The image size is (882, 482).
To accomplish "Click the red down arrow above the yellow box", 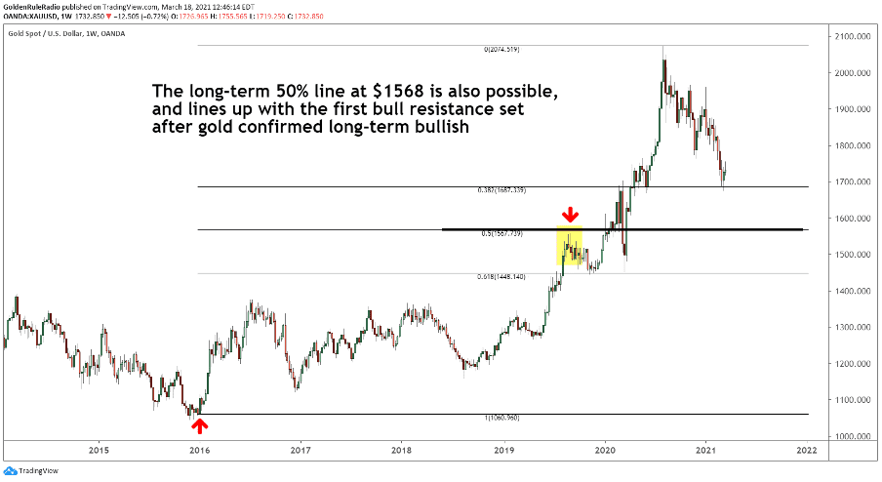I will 571,213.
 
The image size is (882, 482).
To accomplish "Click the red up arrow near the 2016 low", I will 199,423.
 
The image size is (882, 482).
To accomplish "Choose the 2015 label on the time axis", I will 98,450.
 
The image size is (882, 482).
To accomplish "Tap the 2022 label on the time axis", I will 806,450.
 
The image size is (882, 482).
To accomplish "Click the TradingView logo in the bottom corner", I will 30,470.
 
